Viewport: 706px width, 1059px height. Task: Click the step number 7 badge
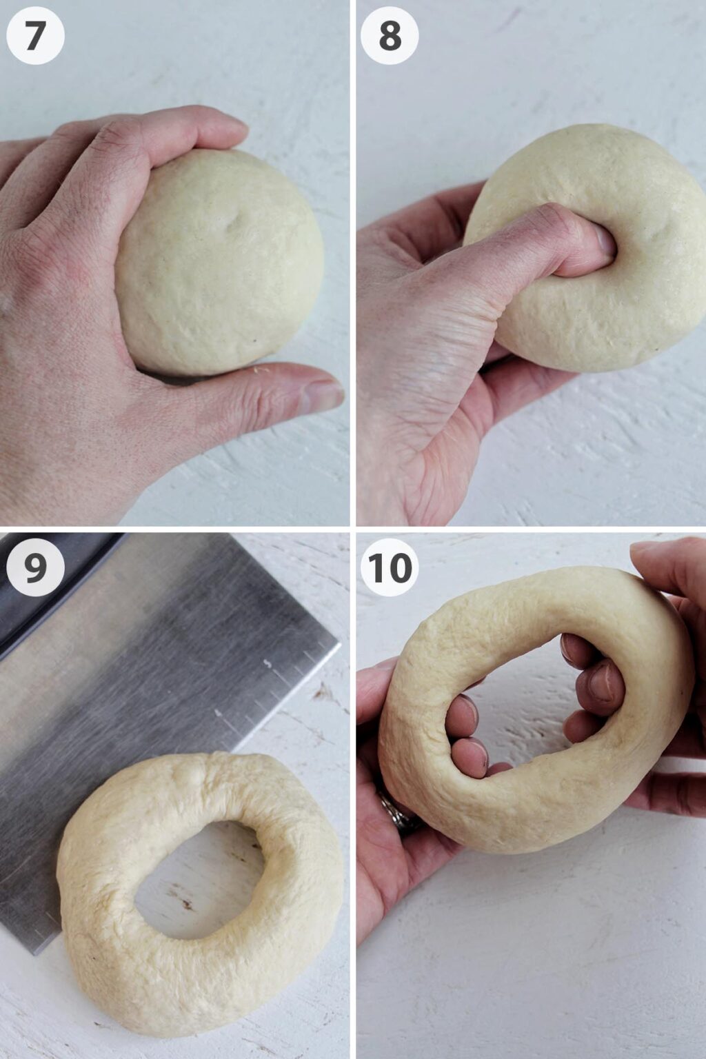35,36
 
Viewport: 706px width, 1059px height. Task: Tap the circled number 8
390,36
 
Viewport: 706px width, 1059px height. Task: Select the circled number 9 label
35,567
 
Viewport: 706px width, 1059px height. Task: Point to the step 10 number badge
390,567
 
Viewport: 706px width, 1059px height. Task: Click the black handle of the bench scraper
41,593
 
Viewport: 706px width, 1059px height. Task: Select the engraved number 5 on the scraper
268,663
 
